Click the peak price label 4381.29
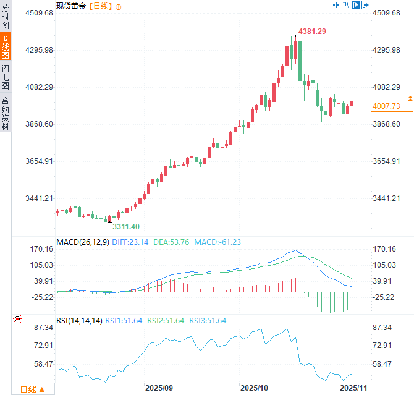(312, 31)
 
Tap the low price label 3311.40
(125, 226)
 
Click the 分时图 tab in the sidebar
(6, 17)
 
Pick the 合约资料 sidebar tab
(6, 113)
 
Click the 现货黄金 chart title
(71, 6)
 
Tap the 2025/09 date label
(159, 388)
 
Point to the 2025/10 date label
(255, 388)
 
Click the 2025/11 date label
(355, 388)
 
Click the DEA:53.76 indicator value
(172, 242)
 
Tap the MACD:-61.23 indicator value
(218, 242)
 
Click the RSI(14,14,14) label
(79, 320)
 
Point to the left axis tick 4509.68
(39, 13)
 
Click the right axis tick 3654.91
(387, 161)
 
